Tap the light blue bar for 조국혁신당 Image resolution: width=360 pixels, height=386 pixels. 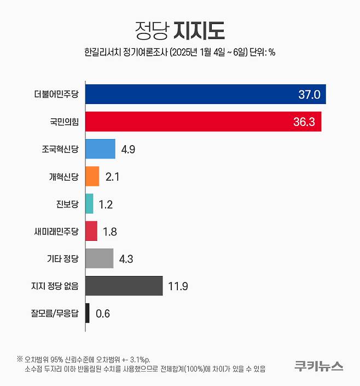[x=101, y=149]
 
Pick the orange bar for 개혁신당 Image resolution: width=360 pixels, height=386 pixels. [x=92, y=176]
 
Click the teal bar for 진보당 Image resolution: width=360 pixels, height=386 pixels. [x=90, y=204]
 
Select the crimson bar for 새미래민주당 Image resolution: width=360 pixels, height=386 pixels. [x=91, y=231]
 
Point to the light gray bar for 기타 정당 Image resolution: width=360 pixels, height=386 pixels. [x=100, y=258]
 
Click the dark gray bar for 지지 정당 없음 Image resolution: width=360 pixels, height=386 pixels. [x=124, y=286]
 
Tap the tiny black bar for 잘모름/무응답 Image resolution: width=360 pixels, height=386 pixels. [x=88, y=313]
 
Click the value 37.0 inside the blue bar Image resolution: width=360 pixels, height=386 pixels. [x=309, y=94]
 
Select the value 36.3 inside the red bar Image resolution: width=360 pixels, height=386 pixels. [x=304, y=122]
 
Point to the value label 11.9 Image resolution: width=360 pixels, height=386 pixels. [x=179, y=286]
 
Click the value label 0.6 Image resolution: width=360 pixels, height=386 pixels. [x=103, y=314]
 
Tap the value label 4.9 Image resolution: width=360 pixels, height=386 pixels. [x=129, y=149]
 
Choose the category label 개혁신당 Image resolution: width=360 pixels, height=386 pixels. [x=63, y=176]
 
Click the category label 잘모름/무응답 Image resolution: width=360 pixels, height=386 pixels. [x=55, y=313]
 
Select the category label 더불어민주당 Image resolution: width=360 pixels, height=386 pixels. [x=56, y=94]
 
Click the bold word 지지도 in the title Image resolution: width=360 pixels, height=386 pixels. [x=199, y=30]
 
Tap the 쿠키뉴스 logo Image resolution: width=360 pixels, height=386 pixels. [x=318, y=365]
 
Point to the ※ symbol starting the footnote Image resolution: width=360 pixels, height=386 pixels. [x=20, y=360]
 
